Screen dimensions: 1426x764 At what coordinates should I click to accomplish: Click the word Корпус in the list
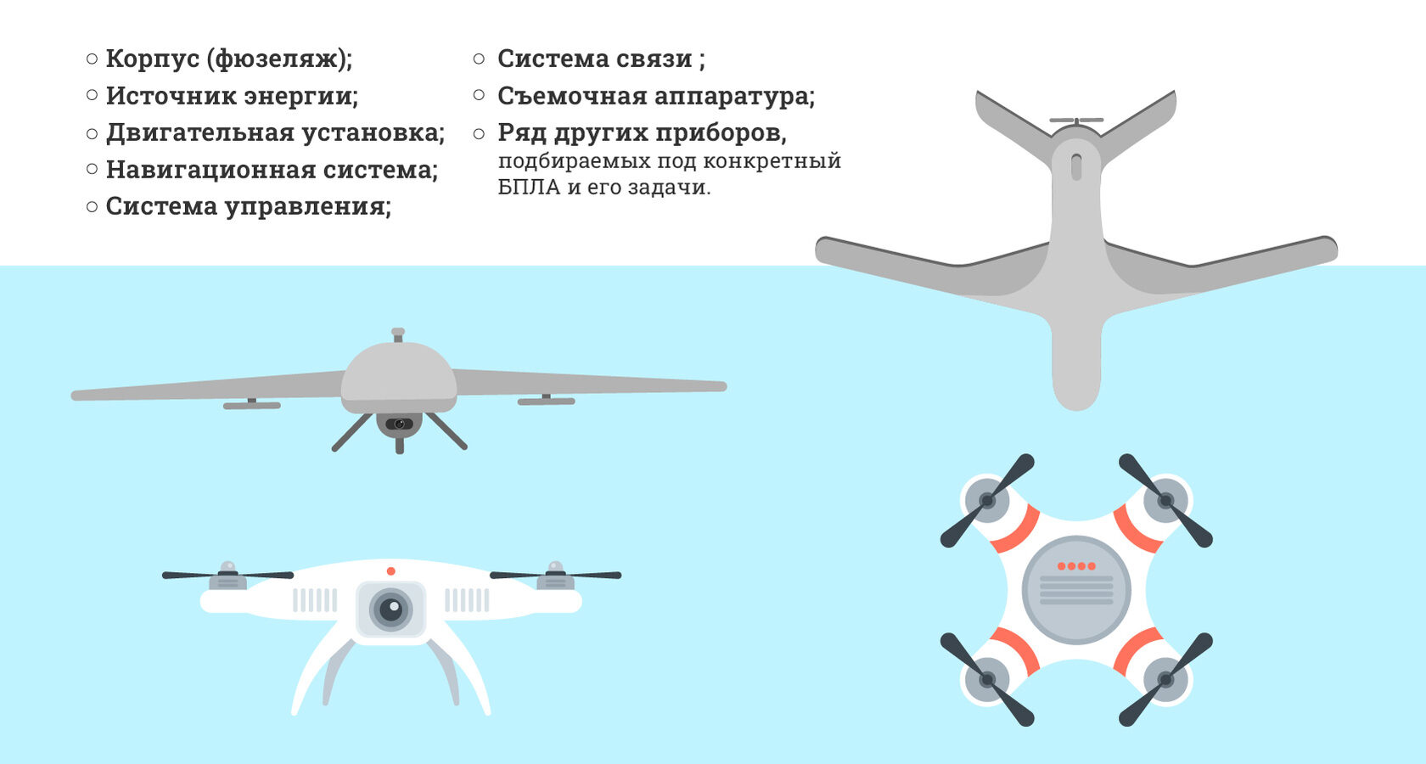[153, 59]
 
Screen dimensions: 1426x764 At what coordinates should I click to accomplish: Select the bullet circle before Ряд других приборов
[480, 134]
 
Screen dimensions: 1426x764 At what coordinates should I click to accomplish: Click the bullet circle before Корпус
[92, 59]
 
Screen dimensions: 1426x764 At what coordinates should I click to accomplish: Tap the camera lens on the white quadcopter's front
[390, 610]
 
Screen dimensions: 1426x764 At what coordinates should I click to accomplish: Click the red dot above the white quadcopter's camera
[390, 571]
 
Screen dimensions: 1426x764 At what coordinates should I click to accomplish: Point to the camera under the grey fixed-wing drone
[399, 424]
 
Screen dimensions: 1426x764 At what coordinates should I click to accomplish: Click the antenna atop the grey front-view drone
[398, 334]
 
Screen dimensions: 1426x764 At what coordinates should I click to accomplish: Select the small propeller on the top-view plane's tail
[1076, 120]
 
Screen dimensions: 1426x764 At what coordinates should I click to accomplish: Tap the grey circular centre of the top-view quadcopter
[1076, 589]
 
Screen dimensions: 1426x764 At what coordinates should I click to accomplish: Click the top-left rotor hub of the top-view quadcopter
[987, 501]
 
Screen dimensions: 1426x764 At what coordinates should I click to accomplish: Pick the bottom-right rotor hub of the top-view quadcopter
[1165, 679]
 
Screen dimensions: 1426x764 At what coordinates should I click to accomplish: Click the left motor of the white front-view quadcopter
[227, 576]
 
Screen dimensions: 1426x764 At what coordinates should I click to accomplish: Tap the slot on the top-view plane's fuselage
[1076, 166]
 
